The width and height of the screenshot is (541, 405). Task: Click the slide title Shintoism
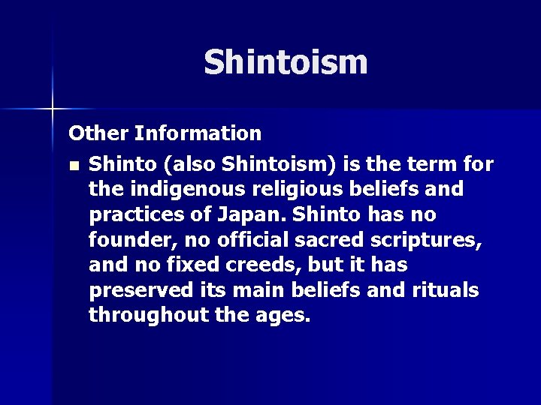[x=286, y=62]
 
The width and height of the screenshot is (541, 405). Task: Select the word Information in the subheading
[x=198, y=133]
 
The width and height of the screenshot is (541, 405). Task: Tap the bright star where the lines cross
[x=53, y=109]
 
